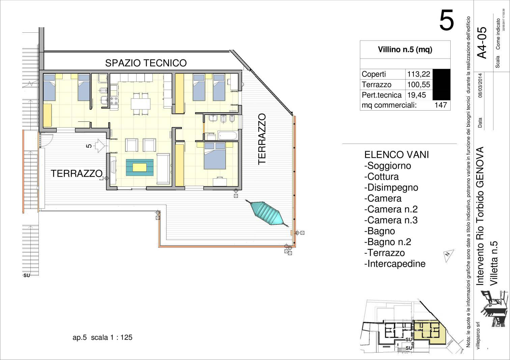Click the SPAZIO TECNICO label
click(146, 63)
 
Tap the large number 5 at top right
click(447, 21)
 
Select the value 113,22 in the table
click(419, 74)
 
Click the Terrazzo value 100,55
click(419, 85)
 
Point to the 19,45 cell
click(417, 95)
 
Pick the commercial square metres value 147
click(441, 105)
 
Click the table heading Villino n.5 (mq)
click(405, 50)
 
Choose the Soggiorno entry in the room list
click(388, 166)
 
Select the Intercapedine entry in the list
click(395, 264)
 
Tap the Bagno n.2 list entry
click(388, 242)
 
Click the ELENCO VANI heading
click(396, 155)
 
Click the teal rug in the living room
click(140, 167)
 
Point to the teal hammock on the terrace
click(267, 213)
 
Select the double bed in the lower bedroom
click(215, 156)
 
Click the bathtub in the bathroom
click(228, 136)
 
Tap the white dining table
click(140, 104)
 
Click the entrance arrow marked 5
click(99, 146)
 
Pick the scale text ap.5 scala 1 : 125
click(103, 337)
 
